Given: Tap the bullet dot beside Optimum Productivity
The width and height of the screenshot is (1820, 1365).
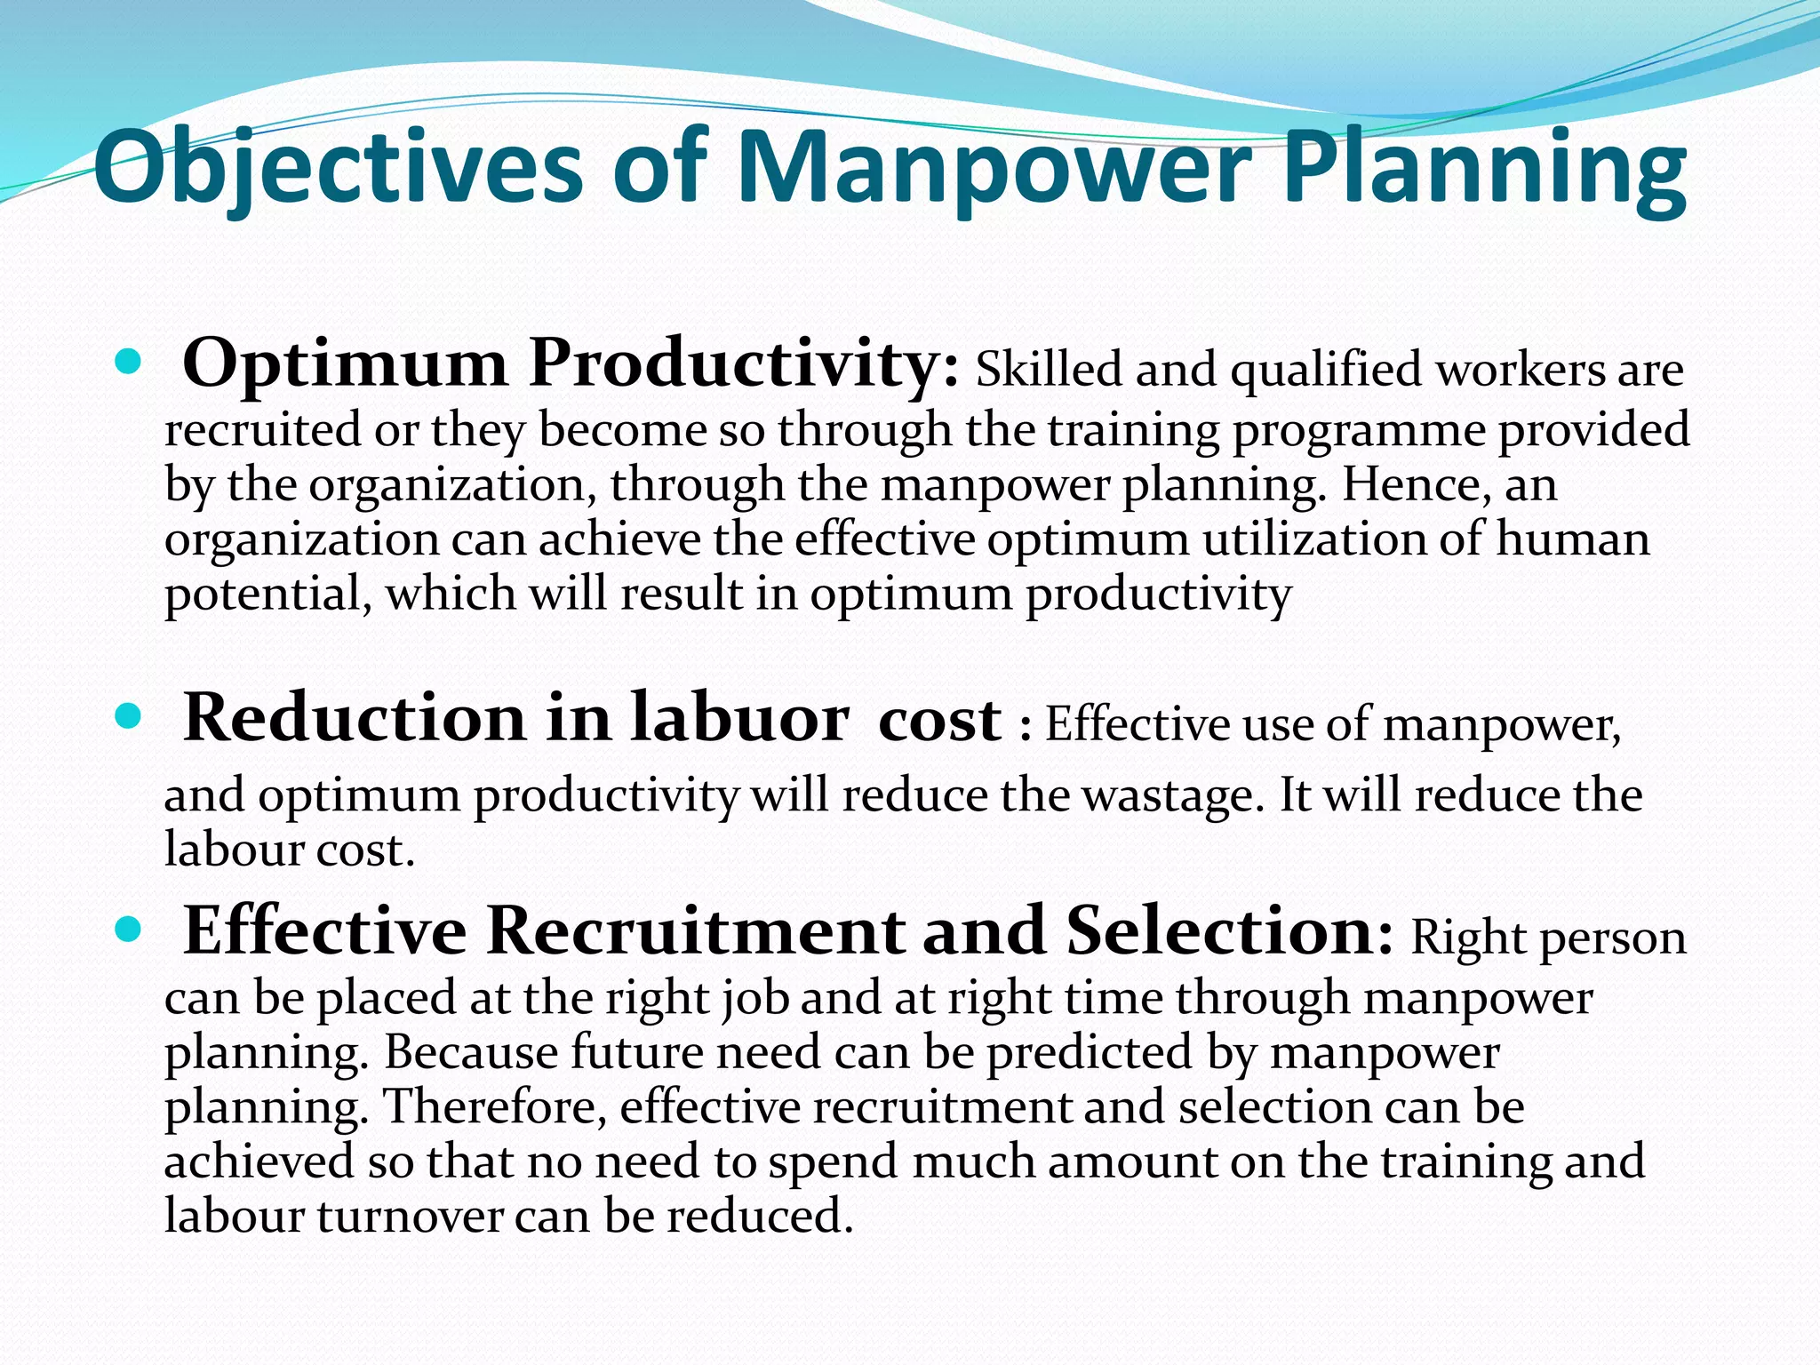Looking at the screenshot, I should point(129,362).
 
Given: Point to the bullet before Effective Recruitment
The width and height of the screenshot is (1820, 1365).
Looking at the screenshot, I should point(129,930).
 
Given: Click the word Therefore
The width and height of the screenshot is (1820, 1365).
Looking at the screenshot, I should point(494,1107).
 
